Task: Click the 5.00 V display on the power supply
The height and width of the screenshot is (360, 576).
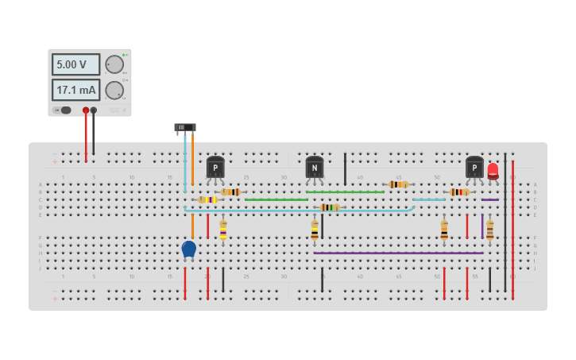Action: (75, 64)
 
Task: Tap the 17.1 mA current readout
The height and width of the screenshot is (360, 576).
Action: (75, 90)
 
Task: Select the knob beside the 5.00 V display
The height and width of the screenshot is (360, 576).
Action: (114, 64)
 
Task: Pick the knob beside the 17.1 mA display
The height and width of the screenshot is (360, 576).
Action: (114, 90)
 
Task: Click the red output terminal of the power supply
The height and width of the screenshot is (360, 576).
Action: (86, 110)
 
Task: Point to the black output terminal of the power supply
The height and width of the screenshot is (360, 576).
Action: (94, 110)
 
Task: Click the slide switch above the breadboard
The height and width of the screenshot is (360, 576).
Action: (184, 127)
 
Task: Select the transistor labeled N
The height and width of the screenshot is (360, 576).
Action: (315, 167)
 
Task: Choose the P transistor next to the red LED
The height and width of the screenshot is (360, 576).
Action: (474, 167)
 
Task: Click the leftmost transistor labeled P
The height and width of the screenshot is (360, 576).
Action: (215, 167)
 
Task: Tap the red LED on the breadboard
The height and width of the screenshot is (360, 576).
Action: (493, 170)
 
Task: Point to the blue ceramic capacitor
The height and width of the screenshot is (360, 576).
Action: (188, 250)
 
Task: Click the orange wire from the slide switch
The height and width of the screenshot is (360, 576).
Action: (192, 159)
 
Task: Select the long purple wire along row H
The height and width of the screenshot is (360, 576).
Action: (397, 254)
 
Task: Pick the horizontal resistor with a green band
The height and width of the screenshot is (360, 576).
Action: (330, 207)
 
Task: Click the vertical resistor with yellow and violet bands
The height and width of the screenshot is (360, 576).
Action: (223, 230)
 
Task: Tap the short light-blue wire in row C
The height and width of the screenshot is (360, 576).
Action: (429, 199)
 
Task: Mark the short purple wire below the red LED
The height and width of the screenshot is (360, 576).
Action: (490, 199)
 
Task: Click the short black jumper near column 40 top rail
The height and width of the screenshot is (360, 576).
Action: (345, 168)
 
